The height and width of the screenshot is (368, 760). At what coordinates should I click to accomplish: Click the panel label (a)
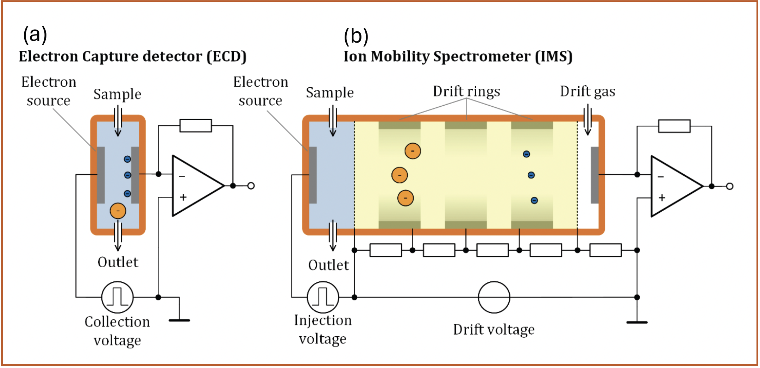click(35, 35)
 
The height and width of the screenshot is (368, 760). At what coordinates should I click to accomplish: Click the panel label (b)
click(356, 36)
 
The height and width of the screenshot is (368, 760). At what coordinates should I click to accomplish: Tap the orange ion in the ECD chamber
click(118, 211)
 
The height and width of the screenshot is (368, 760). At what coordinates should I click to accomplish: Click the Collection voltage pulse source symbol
click(117, 297)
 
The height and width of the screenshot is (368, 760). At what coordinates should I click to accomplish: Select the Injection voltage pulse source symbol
click(323, 297)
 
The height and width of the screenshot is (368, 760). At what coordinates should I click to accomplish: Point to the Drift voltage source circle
click(494, 297)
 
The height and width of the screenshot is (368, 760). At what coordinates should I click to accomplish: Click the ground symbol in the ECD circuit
click(179, 320)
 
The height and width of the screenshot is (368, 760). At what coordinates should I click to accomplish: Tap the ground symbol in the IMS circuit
click(637, 322)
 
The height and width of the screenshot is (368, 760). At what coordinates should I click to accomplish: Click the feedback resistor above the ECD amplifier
click(195, 126)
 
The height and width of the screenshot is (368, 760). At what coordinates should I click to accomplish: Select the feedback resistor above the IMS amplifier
click(674, 126)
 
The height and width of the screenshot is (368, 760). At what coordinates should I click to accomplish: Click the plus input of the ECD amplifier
click(183, 197)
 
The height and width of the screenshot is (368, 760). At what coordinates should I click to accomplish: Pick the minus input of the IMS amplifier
click(661, 176)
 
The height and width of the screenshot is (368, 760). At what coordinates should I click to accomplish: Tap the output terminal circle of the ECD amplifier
click(251, 186)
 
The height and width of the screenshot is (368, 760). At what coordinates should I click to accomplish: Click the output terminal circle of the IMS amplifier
click(730, 186)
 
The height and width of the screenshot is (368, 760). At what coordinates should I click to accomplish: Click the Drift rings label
click(466, 91)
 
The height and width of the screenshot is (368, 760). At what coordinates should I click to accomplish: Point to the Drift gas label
click(588, 91)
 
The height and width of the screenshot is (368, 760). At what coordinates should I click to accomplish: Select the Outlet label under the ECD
click(118, 262)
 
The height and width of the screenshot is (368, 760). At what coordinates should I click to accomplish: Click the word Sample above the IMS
click(329, 93)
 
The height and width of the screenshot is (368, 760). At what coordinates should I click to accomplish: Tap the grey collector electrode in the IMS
click(595, 175)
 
